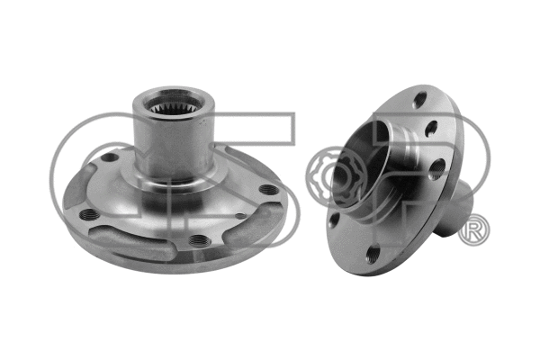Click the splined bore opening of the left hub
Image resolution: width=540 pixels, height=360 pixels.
(172, 103)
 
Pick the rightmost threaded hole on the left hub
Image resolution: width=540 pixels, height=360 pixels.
(269, 189)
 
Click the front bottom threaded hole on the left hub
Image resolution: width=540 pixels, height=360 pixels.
(198, 238)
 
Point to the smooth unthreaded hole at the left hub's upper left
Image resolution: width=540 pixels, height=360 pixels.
(110, 157)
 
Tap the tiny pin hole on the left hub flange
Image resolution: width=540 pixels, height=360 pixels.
(240, 216)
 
